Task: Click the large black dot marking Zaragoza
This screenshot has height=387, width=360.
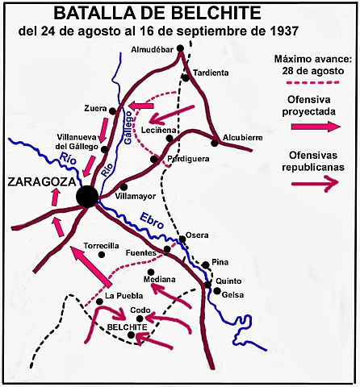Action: (86, 196)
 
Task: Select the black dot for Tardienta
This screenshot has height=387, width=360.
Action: (186, 77)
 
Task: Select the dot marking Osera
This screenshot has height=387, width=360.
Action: (182, 239)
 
